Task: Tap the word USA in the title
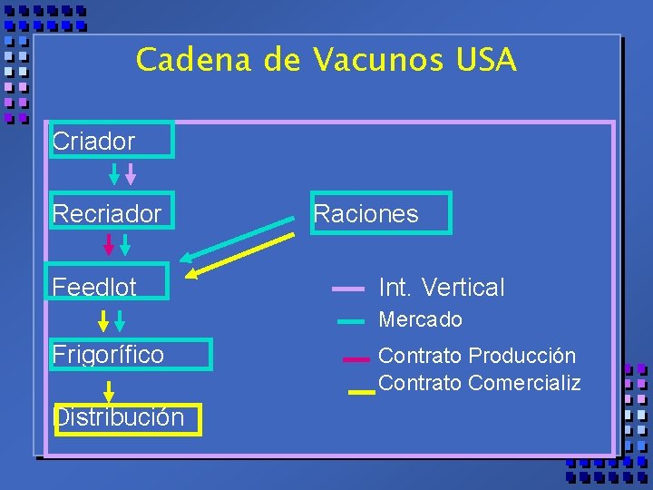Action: [x=486, y=61]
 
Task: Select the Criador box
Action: [x=112, y=141]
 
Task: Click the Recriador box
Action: [x=112, y=214]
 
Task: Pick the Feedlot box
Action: [x=109, y=282]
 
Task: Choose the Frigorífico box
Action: [x=131, y=354]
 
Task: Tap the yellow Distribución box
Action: [x=127, y=418]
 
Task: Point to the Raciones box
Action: [x=380, y=214]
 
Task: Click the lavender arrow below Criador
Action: [x=131, y=173]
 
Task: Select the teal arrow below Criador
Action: [x=114, y=173]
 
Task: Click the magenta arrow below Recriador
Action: [x=109, y=244]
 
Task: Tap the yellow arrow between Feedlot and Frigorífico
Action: [x=103, y=320]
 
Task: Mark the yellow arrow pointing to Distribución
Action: [x=109, y=392]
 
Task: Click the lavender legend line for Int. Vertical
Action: [x=348, y=289]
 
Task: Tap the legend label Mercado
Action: [x=420, y=319]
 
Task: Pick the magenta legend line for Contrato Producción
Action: [x=356, y=359]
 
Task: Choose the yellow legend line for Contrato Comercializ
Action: [x=361, y=392]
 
